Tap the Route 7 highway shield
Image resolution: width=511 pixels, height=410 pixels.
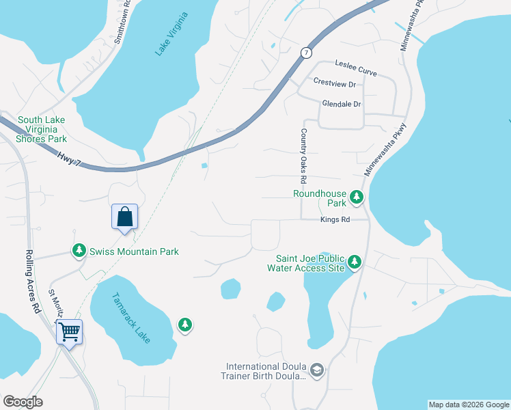click(x=307, y=53)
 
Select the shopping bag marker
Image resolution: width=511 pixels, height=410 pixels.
click(x=124, y=217)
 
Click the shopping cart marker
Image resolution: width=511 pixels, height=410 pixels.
click(x=69, y=333)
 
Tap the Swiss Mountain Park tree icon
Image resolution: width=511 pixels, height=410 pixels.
click(x=80, y=251)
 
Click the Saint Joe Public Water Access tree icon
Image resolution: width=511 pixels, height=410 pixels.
click(x=354, y=262)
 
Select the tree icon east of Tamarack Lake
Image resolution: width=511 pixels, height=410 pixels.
click(x=184, y=325)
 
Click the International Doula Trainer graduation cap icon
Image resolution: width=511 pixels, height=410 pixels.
click(x=316, y=370)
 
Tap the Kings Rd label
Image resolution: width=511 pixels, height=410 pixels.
click(x=335, y=220)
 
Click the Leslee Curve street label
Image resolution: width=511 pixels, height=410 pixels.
click(x=355, y=64)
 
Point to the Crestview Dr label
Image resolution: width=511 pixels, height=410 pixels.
click(x=335, y=83)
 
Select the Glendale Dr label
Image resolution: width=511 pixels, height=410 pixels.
click(x=341, y=104)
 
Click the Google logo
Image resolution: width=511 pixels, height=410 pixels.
click(x=23, y=402)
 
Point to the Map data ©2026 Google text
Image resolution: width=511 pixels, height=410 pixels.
click(x=468, y=405)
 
